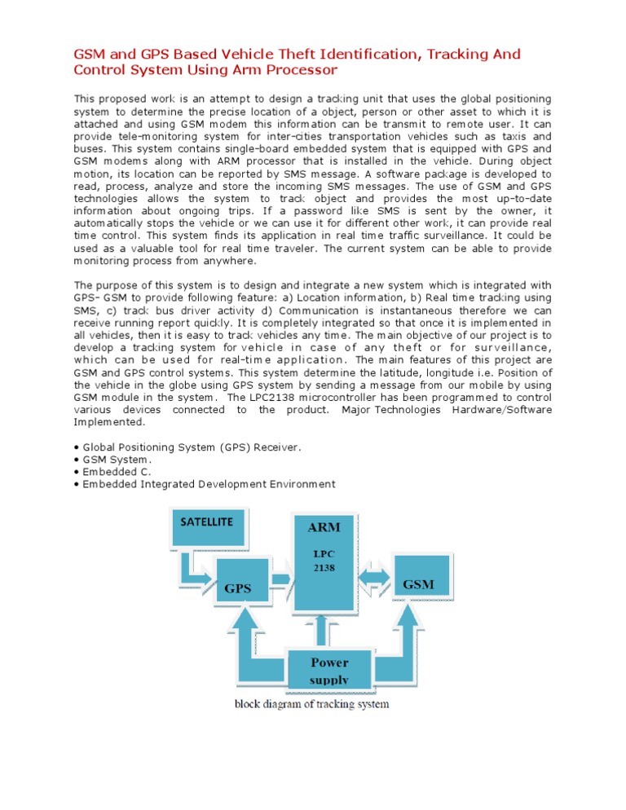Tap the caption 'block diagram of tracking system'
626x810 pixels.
pyautogui.click(x=312, y=703)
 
